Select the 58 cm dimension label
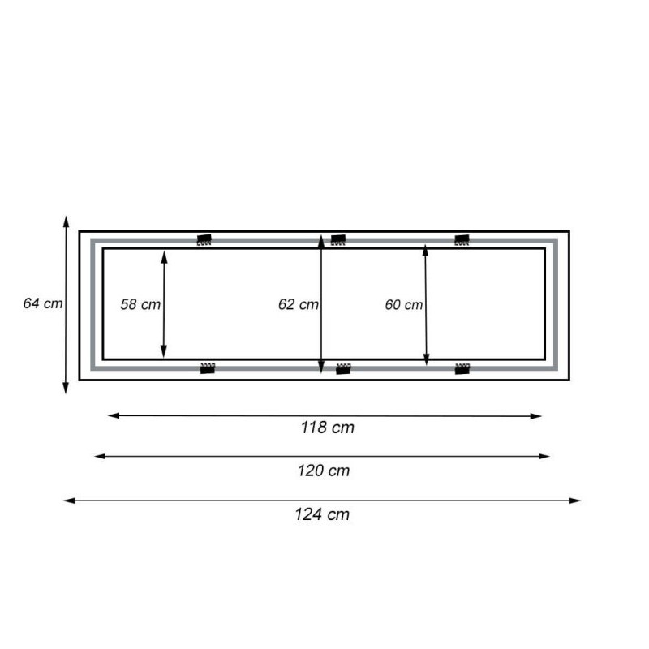pos(140,305)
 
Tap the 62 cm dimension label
pos(298,305)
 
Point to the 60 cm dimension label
pos(403,305)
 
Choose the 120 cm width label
pos(322,471)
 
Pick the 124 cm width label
pos(322,514)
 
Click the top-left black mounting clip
pos(204,240)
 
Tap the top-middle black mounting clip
pos(338,240)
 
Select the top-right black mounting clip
pos(462,240)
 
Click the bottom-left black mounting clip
pos(208,368)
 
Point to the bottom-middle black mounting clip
pos(343,369)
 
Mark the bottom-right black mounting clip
pos(462,368)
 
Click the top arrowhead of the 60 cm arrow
pos(426,251)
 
